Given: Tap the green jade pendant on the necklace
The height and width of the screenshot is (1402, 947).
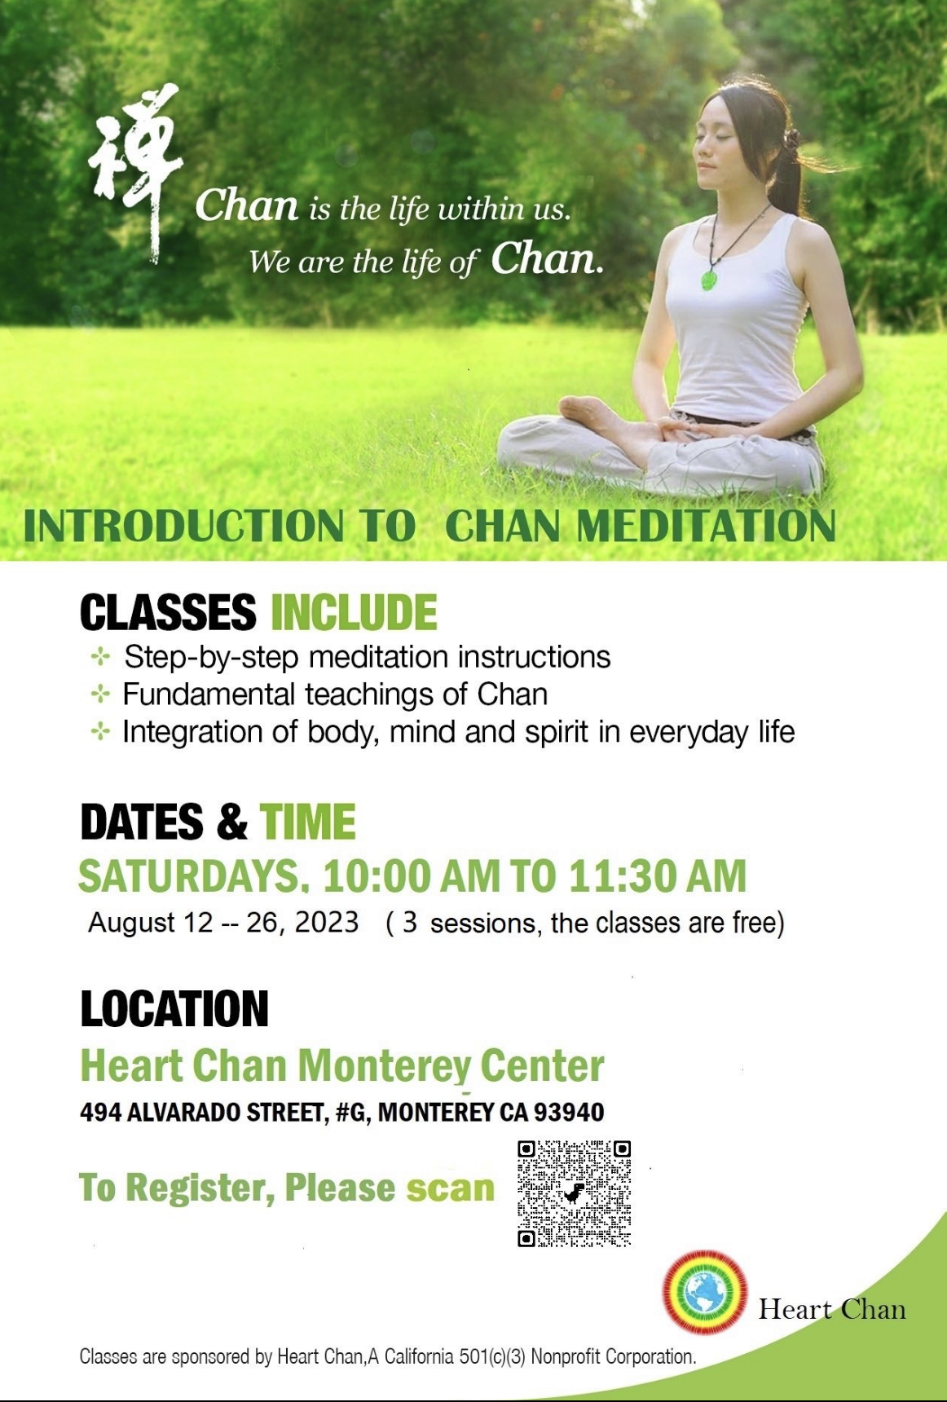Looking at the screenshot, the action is pos(710,277).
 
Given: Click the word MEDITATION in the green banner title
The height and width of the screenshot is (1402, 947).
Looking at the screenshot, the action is pos(707,526).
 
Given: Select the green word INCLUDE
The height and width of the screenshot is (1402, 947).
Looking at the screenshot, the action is pos(355,613).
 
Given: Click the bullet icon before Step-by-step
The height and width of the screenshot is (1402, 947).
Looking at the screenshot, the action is pos(100,657).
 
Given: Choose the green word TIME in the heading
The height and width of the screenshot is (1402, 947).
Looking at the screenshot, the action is pos(308,822).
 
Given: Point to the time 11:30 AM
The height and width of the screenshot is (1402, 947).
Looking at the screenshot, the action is pos(658,876).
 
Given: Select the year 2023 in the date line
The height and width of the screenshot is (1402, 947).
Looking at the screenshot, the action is pos(327,923).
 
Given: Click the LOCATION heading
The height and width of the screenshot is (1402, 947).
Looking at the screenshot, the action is pos(174,1009).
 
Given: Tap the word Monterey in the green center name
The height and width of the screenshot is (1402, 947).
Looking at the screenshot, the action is pos(384,1066).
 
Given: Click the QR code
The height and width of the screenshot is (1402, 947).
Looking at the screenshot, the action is pos(575,1193).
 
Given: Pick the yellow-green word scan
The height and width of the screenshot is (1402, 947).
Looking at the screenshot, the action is pos(451,1188).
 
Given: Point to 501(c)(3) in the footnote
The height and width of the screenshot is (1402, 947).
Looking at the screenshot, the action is pos(493,1357).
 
